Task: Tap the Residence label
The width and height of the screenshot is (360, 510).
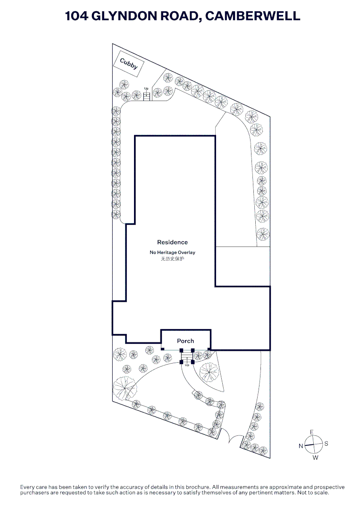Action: pos(172,242)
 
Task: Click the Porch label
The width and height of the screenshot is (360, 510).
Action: pos(185,340)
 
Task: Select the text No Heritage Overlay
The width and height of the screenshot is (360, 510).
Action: pos(172,253)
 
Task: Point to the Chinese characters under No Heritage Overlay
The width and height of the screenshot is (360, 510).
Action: pos(172,259)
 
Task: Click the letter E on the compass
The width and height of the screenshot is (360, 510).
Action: pos(311,432)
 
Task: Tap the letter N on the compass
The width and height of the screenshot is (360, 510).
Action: pos(301,446)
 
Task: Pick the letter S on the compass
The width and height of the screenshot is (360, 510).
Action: pos(326,444)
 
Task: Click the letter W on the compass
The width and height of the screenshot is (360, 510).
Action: pos(315,458)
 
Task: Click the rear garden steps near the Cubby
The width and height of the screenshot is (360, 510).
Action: pos(147,96)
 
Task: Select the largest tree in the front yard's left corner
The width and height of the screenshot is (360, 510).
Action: pos(126,389)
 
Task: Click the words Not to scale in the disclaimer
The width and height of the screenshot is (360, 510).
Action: pos(313,493)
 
